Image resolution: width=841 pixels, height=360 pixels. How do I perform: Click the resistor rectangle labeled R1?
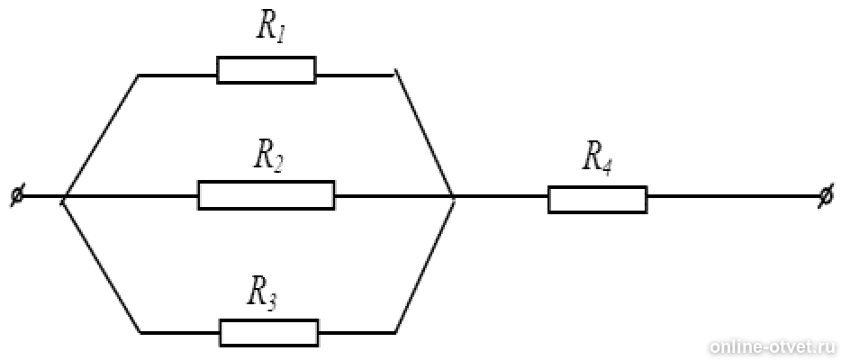coord(266,70)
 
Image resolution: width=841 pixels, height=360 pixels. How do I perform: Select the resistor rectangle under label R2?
coord(266,195)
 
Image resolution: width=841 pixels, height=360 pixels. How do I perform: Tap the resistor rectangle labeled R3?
coord(268,332)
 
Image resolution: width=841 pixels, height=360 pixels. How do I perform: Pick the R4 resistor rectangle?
coord(597,199)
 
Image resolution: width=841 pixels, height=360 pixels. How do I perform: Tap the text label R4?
coord(598,157)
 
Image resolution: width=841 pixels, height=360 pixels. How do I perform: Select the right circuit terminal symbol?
coord(825,197)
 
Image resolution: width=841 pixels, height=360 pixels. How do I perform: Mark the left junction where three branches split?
coord(63,198)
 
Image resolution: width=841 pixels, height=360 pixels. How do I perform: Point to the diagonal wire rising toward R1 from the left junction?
coord(100,137)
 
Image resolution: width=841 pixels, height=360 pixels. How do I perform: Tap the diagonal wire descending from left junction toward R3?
coord(101,266)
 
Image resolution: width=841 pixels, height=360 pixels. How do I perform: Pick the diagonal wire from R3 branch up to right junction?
coord(424,265)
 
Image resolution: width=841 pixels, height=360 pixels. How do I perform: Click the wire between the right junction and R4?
coord(501,197)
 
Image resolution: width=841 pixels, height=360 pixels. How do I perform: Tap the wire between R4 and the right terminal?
coord(729,197)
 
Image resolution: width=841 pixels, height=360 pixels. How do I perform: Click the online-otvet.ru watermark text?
coord(771,346)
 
